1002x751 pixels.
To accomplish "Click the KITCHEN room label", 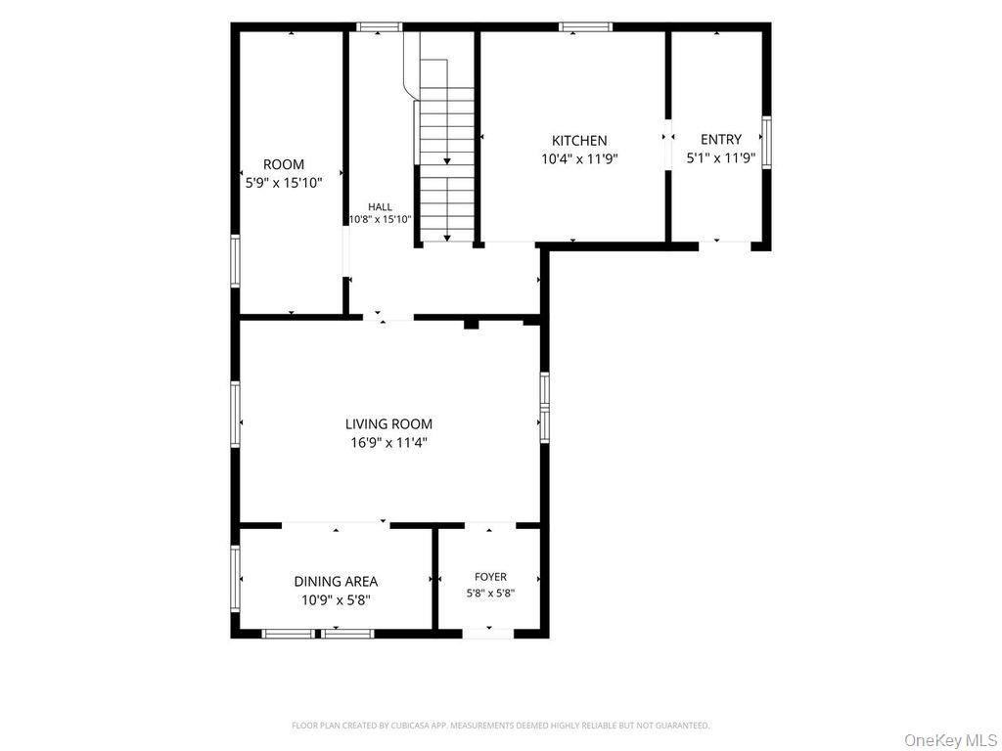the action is click(x=579, y=141).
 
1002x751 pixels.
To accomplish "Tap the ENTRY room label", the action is click(x=721, y=139).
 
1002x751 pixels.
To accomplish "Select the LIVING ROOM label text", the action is click(x=388, y=424).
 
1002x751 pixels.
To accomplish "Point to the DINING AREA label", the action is click(x=336, y=582).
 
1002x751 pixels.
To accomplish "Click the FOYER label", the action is click(x=491, y=577).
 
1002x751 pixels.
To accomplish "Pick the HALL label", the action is click(x=381, y=207).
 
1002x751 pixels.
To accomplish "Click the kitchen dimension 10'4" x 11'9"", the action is click(x=579, y=159).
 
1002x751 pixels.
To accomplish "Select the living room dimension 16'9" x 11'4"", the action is click(x=388, y=443).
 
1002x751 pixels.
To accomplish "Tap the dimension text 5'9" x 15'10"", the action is click(x=284, y=183).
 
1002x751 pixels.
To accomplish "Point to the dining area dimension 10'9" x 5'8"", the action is click(x=337, y=600).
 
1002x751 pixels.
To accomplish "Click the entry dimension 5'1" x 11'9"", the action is click(x=721, y=157).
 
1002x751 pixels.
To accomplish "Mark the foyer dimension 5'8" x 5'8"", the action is click(x=491, y=594).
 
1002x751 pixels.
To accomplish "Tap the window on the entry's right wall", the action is click(x=767, y=143).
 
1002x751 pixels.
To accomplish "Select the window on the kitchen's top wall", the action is click(x=585, y=26).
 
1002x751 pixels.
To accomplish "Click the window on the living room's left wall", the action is click(x=235, y=414).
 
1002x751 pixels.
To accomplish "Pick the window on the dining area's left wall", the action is click(x=235, y=579).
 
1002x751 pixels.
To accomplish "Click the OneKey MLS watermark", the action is click(x=950, y=740).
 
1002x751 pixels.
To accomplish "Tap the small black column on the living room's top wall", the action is click(x=471, y=324).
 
